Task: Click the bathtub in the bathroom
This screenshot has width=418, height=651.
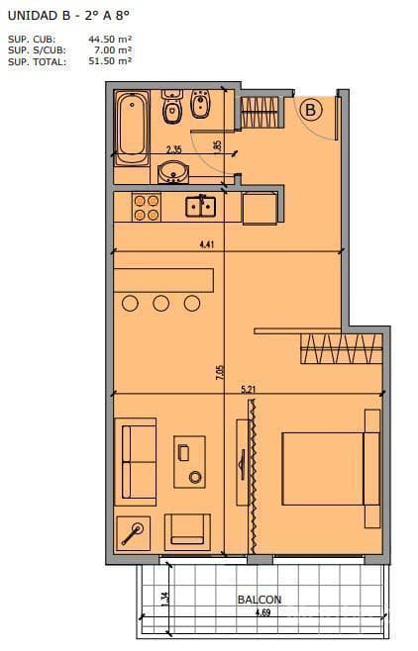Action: tap(132, 129)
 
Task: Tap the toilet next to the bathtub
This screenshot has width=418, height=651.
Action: tap(171, 107)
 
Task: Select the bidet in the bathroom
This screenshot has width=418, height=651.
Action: tap(201, 103)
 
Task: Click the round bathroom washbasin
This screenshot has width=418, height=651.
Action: tap(173, 172)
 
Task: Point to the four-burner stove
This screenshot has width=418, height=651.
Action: tap(147, 208)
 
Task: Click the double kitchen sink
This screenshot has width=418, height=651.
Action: tap(201, 207)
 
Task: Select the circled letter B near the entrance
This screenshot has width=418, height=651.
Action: tap(310, 111)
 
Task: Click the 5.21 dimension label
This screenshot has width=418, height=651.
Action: tap(248, 390)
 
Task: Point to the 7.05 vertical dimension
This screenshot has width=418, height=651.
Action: tap(220, 372)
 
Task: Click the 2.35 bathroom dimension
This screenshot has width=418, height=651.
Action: tap(174, 149)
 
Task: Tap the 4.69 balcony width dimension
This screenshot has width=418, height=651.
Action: tap(263, 612)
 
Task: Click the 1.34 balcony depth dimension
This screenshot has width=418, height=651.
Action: tap(165, 599)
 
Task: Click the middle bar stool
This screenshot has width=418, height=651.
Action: tap(160, 303)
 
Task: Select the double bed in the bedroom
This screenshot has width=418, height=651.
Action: tap(331, 469)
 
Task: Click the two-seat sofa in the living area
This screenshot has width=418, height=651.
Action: tap(136, 462)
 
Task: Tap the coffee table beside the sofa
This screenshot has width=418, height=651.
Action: tap(189, 462)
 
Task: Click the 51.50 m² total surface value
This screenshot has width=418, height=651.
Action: tap(110, 60)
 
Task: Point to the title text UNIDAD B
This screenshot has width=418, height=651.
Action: tap(33, 16)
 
